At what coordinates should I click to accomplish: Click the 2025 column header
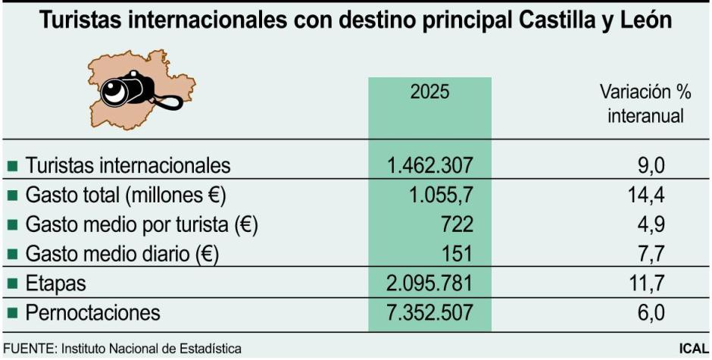click(x=429, y=92)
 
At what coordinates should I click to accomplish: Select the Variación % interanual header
click(x=645, y=105)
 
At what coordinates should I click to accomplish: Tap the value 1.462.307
click(x=429, y=164)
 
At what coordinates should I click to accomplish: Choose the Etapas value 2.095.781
click(x=429, y=283)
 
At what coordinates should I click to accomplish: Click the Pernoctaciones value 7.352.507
click(x=429, y=312)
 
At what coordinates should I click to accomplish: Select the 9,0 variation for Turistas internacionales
click(x=651, y=164)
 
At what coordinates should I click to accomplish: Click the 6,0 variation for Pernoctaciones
click(x=651, y=312)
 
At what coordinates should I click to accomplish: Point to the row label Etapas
click(x=55, y=283)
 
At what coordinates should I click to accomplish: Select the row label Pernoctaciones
click(x=93, y=312)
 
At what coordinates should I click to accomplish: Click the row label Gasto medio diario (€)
click(x=122, y=253)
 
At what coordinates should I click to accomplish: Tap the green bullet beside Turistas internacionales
click(x=12, y=165)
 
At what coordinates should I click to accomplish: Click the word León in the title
click(x=643, y=20)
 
